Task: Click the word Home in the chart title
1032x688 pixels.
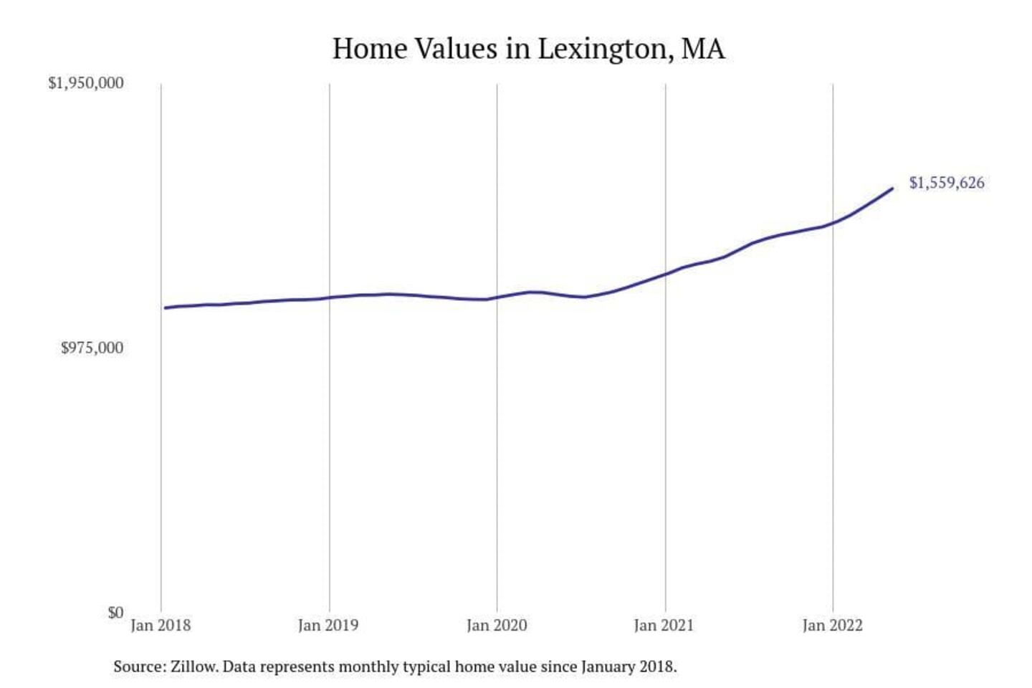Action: (x=370, y=49)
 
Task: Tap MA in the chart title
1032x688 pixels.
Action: (x=702, y=49)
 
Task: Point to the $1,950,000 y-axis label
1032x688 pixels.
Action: (x=86, y=83)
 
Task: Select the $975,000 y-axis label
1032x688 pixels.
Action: (x=92, y=348)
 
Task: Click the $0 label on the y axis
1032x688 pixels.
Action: (x=115, y=613)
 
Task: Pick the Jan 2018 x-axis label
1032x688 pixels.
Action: (x=161, y=626)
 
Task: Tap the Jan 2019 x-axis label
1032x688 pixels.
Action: (x=328, y=626)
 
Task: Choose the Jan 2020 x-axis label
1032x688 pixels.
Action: (x=497, y=626)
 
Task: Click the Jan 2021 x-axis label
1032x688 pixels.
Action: (x=664, y=626)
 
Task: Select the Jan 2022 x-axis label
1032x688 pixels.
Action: (x=832, y=626)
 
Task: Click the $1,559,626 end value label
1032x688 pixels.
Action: (x=947, y=183)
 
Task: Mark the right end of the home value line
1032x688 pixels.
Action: (x=892, y=188)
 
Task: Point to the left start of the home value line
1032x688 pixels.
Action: (x=165, y=308)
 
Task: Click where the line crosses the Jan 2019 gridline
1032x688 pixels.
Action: (x=330, y=297)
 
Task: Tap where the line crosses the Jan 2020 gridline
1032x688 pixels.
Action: (x=497, y=297)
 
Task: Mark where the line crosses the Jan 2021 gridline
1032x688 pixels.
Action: (x=665, y=274)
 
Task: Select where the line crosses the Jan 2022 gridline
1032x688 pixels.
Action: (x=833, y=223)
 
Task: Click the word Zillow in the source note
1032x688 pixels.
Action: (x=193, y=667)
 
